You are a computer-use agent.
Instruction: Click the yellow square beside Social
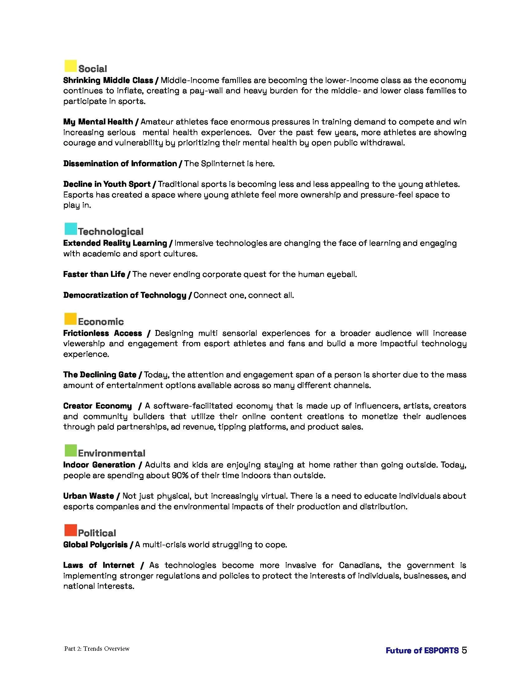(x=70, y=66)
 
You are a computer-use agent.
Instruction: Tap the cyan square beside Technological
(x=71, y=229)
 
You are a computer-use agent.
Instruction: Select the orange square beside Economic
(x=70, y=318)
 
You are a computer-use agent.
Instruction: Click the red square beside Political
(x=71, y=530)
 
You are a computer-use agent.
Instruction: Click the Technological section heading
(x=111, y=232)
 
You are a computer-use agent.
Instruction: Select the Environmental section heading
(x=112, y=453)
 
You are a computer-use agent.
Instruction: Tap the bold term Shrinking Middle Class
(x=108, y=80)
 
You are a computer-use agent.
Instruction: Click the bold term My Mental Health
(x=98, y=122)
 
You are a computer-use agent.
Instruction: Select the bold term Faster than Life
(x=94, y=274)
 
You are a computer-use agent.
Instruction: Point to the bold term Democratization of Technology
(x=125, y=295)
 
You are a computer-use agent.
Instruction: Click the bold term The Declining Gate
(x=99, y=375)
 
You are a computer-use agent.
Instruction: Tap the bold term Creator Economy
(x=97, y=406)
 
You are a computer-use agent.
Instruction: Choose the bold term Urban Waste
(x=89, y=496)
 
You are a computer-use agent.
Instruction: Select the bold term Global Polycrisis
(x=95, y=545)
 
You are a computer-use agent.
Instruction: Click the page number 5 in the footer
(x=464, y=650)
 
